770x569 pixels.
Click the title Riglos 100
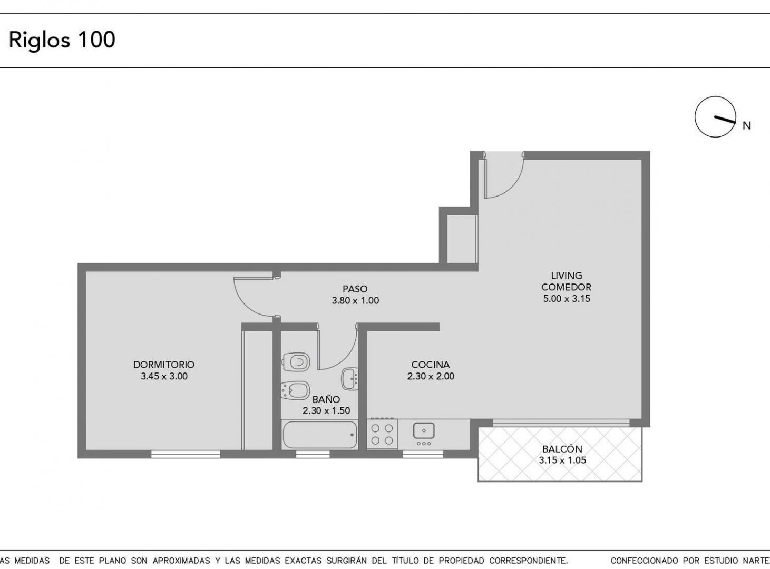coord(62,40)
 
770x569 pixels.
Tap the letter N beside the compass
coord(746,126)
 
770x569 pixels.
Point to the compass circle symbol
coord(715,117)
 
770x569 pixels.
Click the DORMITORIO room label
coord(164,365)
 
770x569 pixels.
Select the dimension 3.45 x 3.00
coord(164,376)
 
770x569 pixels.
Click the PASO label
coord(355,289)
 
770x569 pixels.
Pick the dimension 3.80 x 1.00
coord(355,301)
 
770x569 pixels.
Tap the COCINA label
coord(431,365)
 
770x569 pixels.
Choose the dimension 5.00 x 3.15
coord(567,299)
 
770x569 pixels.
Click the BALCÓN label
coord(562,449)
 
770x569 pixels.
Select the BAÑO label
coord(326,399)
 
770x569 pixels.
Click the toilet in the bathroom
coord(296,362)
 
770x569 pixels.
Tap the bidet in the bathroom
coord(295,391)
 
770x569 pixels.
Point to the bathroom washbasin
coord(350,379)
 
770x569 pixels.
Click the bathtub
coord(320,435)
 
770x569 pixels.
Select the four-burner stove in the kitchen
coord(382,434)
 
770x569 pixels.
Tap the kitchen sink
coord(424,431)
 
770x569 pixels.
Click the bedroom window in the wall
coord(186,455)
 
